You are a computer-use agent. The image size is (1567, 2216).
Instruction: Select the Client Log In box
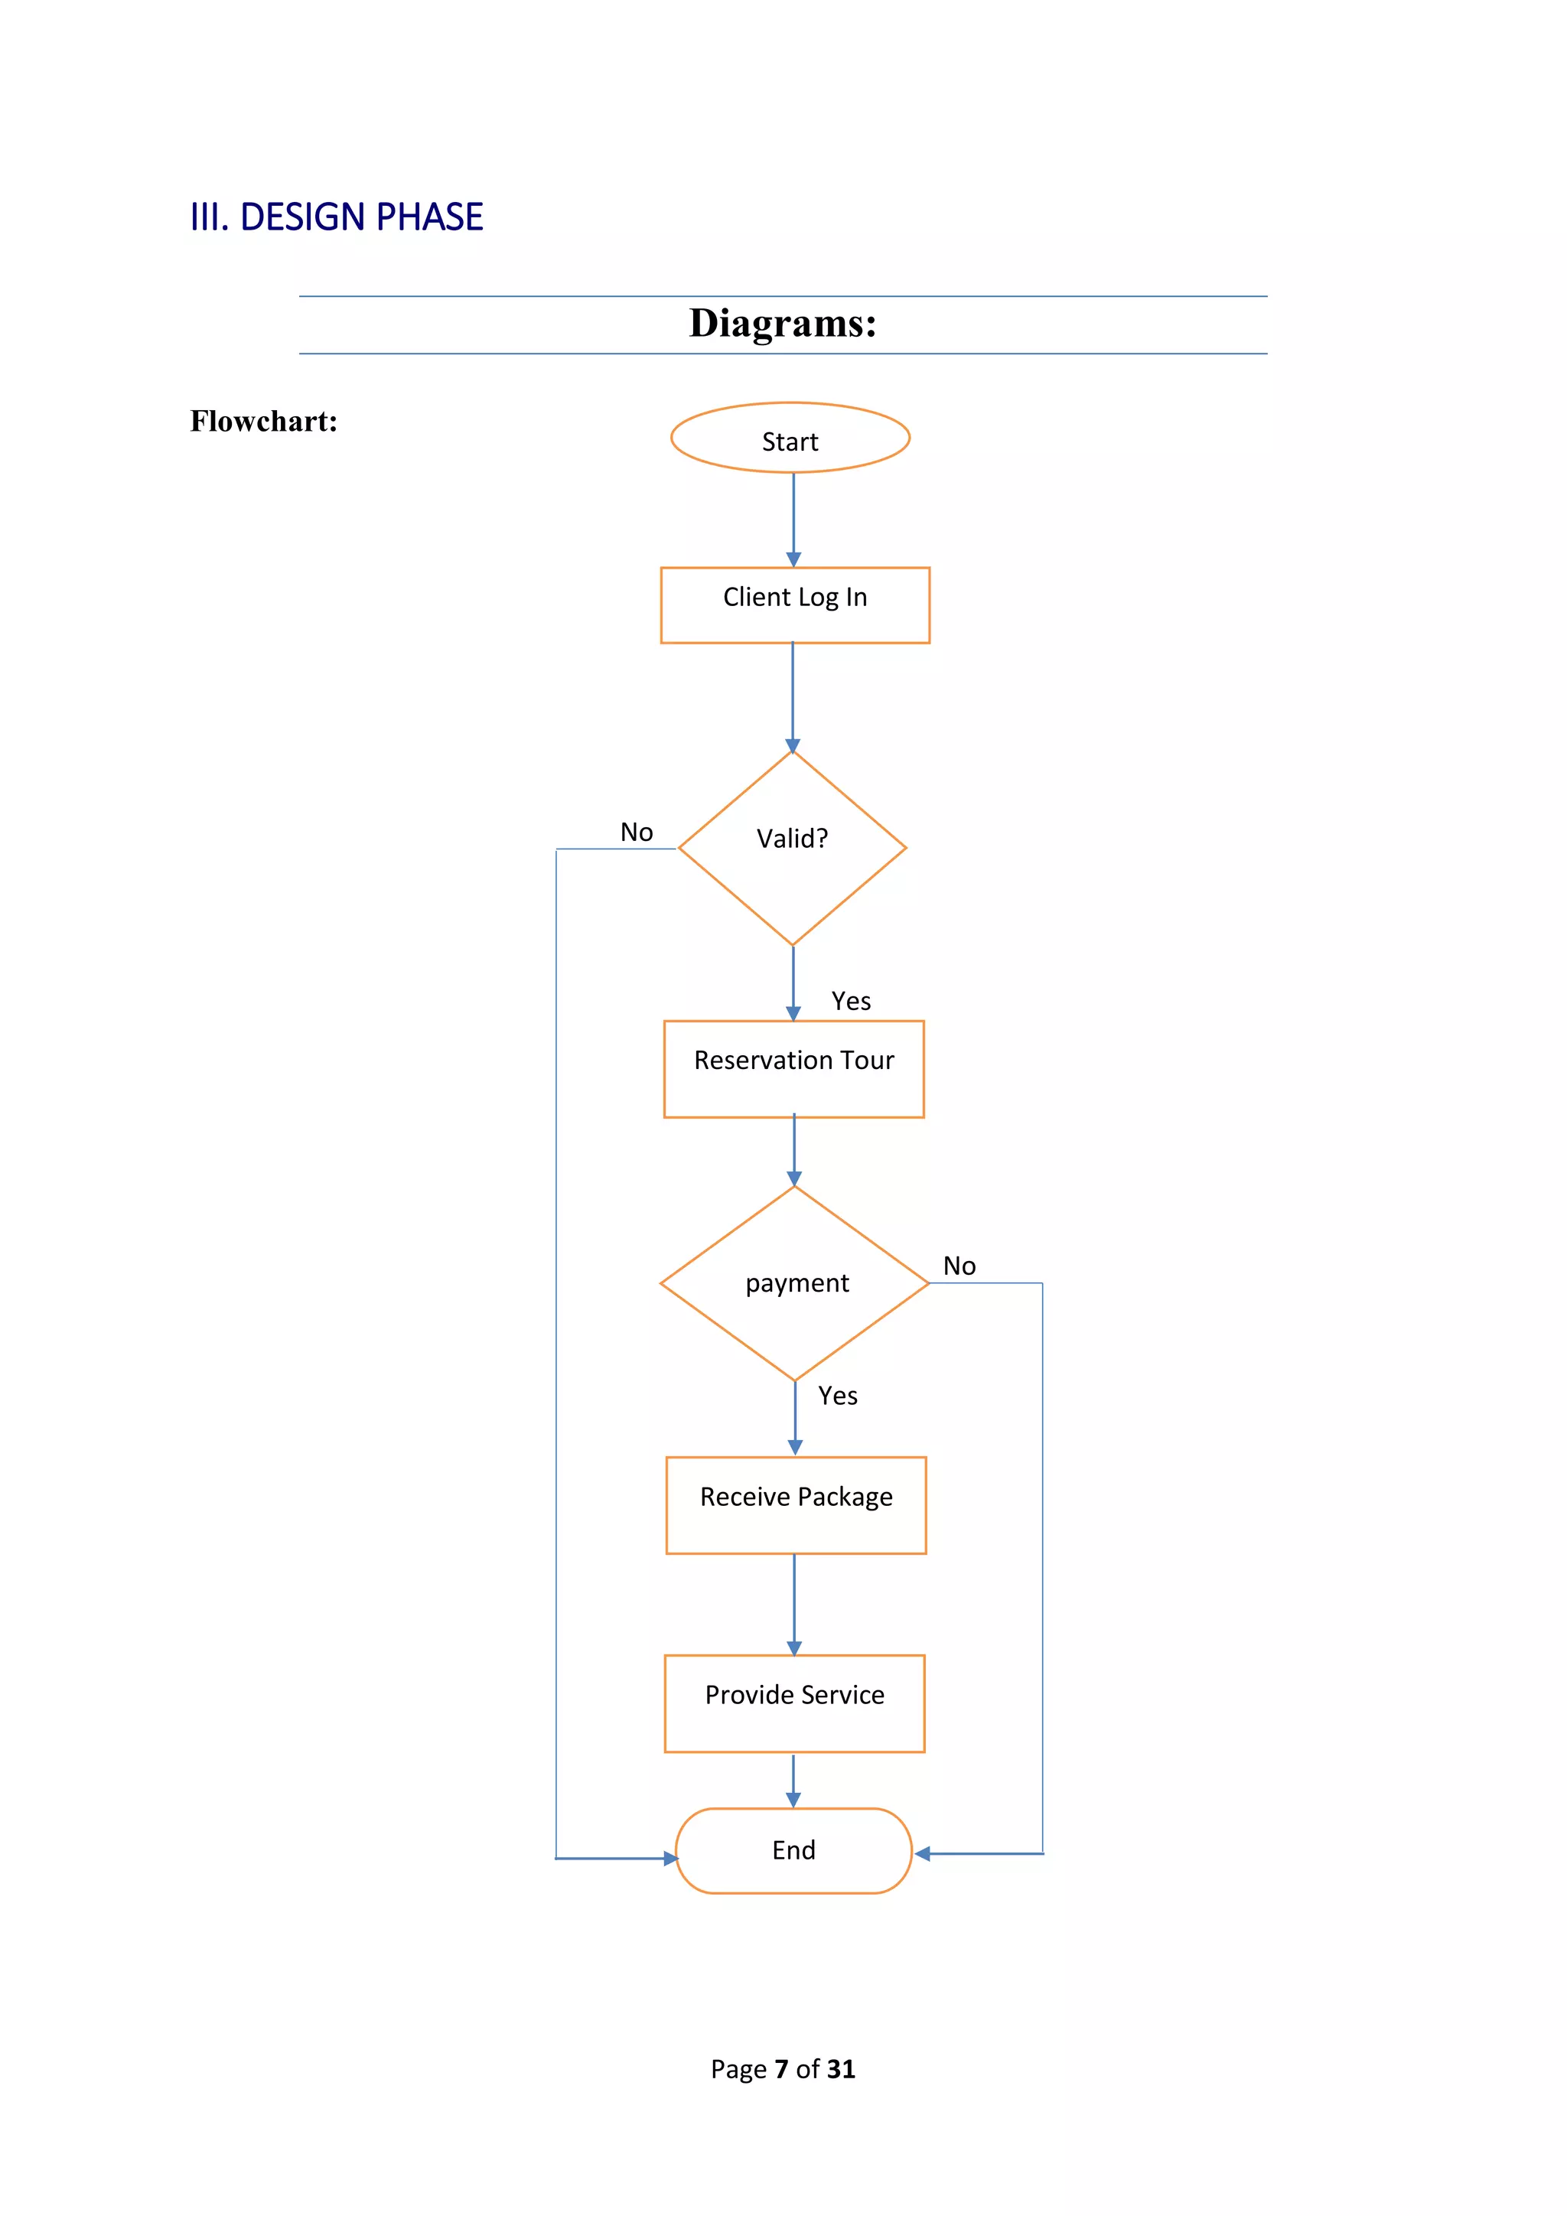(x=795, y=605)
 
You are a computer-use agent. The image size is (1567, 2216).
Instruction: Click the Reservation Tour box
(x=793, y=1068)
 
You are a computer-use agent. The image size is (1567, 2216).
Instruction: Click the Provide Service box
(x=794, y=1703)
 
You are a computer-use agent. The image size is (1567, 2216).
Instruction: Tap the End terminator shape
(x=793, y=1850)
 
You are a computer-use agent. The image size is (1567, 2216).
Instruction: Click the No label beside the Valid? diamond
(x=637, y=832)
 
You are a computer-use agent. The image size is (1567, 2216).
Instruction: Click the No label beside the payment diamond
(x=959, y=1266)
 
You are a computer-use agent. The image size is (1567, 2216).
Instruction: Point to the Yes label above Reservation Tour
(x=851, y=1001)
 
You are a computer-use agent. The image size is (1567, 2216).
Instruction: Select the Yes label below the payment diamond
(x=838, y=1396)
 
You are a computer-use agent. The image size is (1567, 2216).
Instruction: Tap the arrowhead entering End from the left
(x=670, y=1858)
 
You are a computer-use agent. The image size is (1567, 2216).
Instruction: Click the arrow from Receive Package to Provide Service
(x=794, y=1603)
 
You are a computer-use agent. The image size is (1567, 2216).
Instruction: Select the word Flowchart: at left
(x=263, y=421)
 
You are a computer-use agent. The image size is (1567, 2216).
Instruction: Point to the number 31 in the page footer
(x=840, y=2068)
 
